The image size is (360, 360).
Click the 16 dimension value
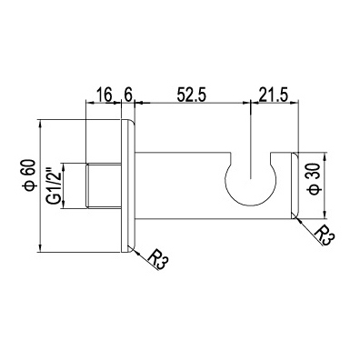[x=105, y=95]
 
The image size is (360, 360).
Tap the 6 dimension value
[x=128, y=95]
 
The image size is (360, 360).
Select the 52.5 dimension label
[x=192, y=95]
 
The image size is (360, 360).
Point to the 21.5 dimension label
[x=272, y=95]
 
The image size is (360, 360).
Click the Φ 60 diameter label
[x=30, y=175]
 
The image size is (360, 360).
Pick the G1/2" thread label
[x=54, y=185]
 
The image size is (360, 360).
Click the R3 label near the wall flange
[x=158, y=261]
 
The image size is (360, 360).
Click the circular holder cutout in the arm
[x=250, y=181]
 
